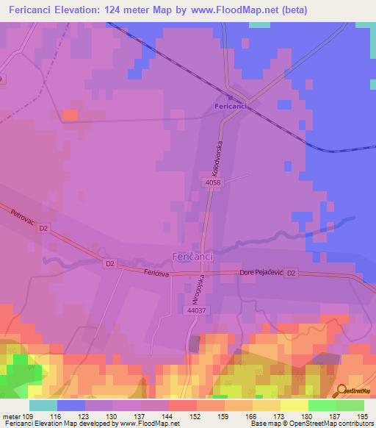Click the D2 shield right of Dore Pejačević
click(292, 274)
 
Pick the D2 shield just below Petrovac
click(43, 229)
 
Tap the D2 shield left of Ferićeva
click(110, 263)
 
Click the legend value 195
click(364, 415)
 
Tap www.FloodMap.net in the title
click(231, 10)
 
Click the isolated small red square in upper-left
click(70, 115)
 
